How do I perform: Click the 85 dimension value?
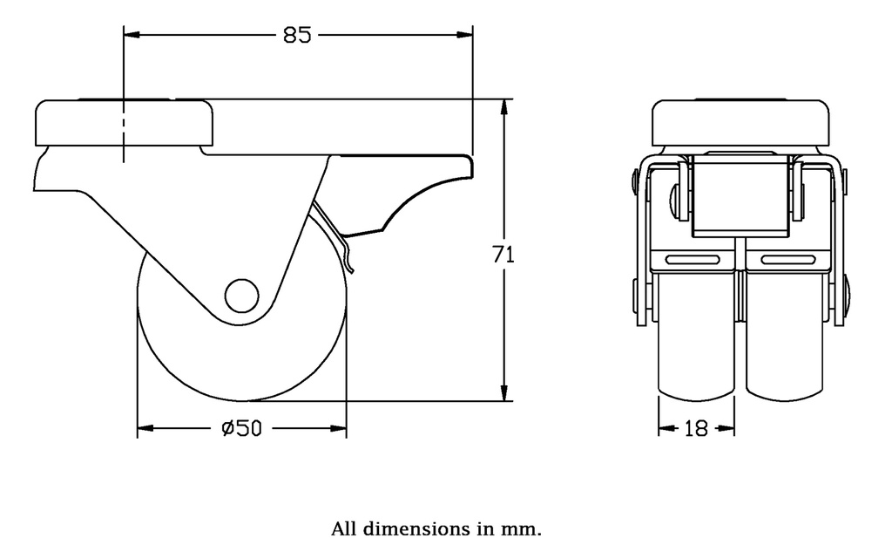click(298, 36)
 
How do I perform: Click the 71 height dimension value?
click(503, 255)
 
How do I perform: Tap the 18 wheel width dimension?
click(696, 428)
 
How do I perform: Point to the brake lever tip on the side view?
click(351, 269)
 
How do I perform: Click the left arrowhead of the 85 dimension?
click(131, 36)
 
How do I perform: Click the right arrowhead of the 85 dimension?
click(465, 36)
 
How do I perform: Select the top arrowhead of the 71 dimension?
click(503, 107)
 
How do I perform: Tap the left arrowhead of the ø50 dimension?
click(145, 428)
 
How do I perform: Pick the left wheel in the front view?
click(696, 340)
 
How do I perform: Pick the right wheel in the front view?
click(785, 340)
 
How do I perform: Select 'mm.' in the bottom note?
click(525, 528)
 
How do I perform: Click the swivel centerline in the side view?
click(124, 131)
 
